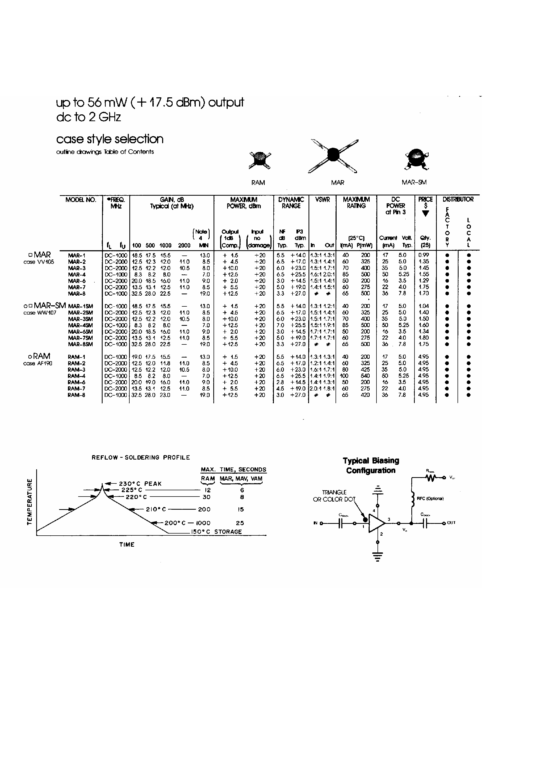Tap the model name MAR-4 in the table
[77, 275]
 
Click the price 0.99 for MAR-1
[424, 255]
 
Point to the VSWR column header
[322, 199]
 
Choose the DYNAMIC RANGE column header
[291, 203]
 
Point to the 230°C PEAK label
[140, 484]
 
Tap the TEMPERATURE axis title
[29, 502]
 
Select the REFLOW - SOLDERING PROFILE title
[141, 458]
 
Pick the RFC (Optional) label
[430, 498]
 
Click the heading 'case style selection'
[110, 139]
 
